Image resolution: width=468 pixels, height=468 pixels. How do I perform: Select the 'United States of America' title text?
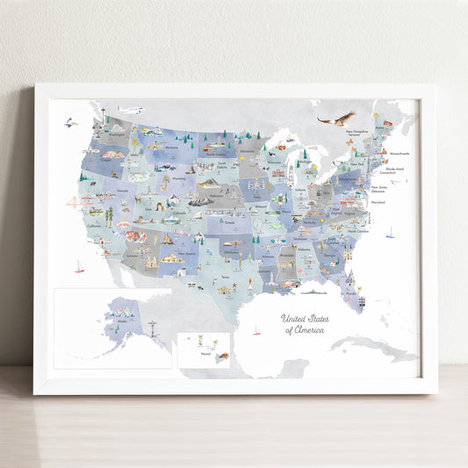coord(303,324)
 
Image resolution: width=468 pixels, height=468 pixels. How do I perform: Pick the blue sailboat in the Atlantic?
coord(390,233)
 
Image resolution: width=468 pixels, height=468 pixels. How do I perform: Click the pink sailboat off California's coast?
coord(79,266)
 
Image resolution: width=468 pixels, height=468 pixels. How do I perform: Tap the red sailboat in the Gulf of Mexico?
coord(256,331)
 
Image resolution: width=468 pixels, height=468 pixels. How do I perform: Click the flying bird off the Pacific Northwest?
coord(69,122)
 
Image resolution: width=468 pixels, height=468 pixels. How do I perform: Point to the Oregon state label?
coord(106,161)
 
